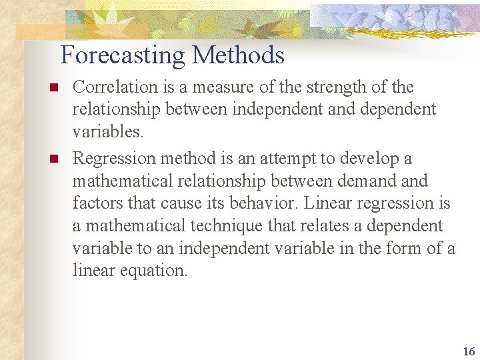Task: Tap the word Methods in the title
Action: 239,55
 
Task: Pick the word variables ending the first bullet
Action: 107,132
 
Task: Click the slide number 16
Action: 469,351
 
